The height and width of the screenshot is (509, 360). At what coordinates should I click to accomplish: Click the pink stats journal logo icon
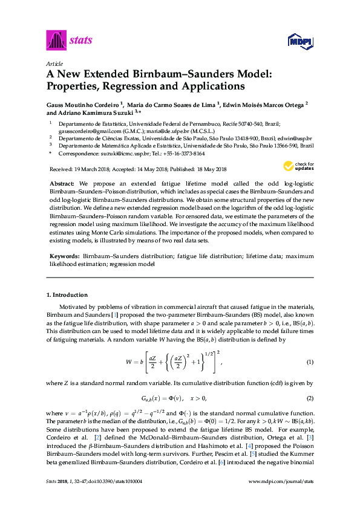pyautogui.click(x=56, y=41)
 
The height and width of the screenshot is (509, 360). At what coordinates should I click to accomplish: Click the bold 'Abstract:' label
pyautogui.click(x=62, y=183)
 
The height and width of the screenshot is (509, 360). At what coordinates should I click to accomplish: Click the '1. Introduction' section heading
pyautogui.click(x=67, y=295)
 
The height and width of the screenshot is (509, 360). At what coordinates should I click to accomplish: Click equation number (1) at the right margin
pyautogui.click(x=310, y=361)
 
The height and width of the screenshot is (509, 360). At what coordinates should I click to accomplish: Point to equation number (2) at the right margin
pyautogui.click(x=310, y=399)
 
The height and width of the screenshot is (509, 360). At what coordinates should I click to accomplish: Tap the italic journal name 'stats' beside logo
pyautogui.click(x=81, y=41)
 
